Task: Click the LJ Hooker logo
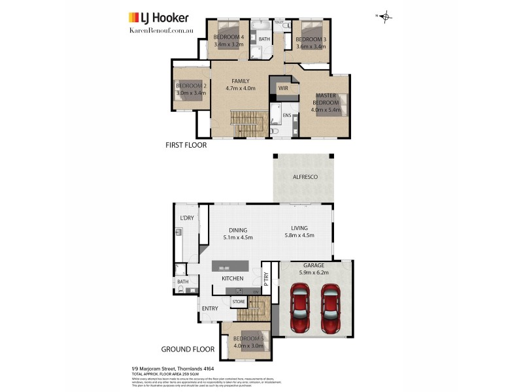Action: (158, 18)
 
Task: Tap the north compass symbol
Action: (385, 16)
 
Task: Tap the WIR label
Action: (283, 88)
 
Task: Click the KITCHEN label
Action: (232, 278)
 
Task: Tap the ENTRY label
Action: (210, 308)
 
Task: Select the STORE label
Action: (238, 301)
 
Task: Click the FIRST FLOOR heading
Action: (186, 145)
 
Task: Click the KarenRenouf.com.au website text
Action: (159, 30)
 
